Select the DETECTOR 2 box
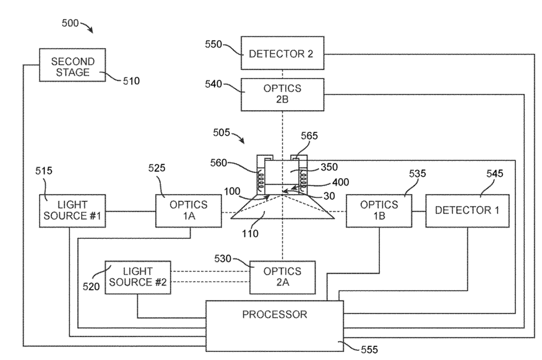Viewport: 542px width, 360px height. click(282, 54)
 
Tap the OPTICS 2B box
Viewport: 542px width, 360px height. click(282, 95)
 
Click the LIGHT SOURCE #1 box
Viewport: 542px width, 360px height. click(71, 212)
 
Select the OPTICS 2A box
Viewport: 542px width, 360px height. click(282, 276)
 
